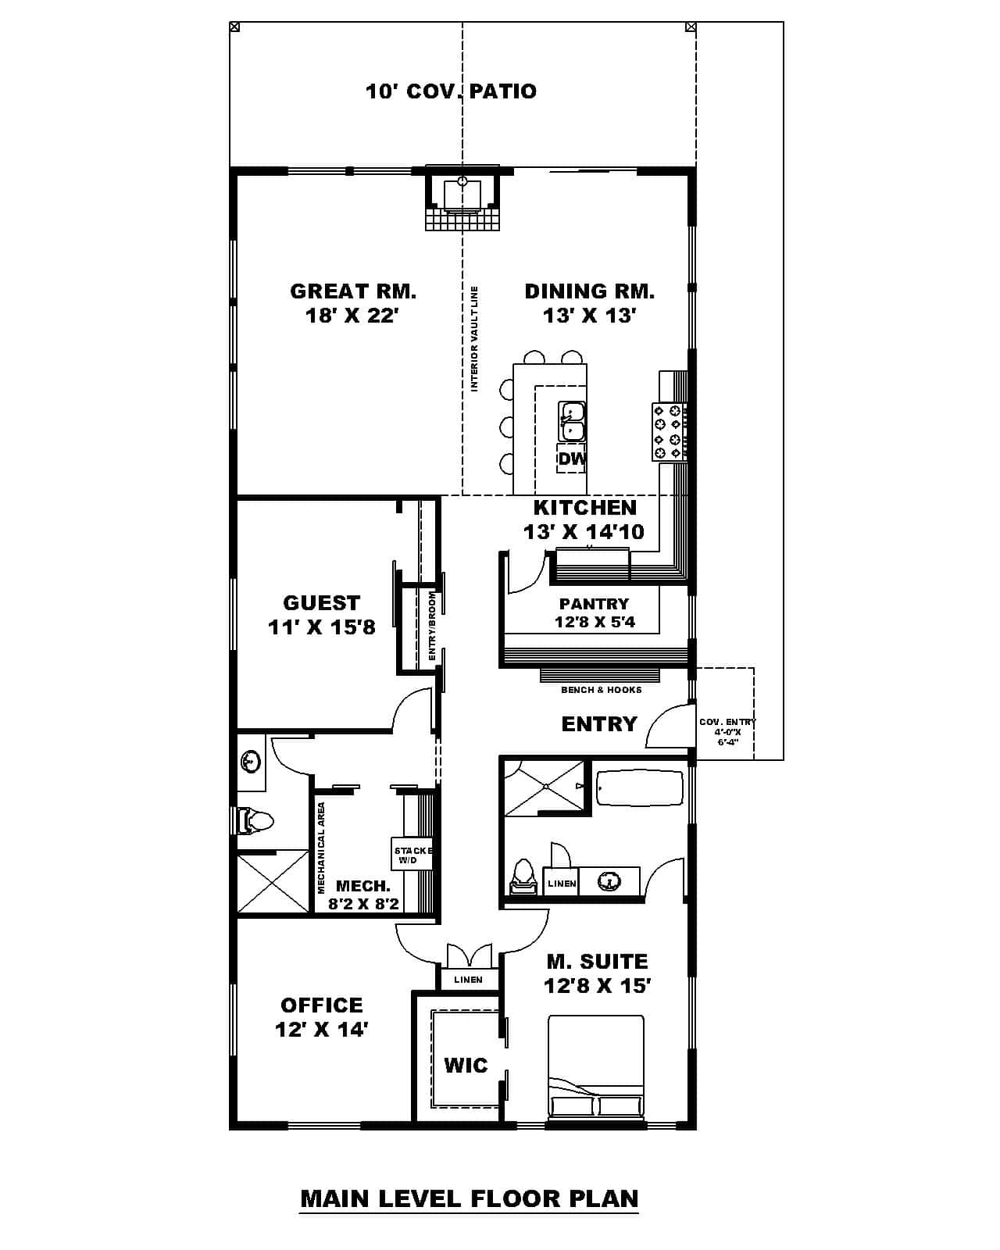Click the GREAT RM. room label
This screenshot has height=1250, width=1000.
click(353, 291)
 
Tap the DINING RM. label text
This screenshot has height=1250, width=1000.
click(589, 291)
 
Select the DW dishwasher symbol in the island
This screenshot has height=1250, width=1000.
click(572, 459)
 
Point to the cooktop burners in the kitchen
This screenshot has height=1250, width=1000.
click(670, 432)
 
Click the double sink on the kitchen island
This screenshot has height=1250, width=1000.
click(572, 421)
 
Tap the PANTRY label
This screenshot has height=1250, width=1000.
click(594, 604)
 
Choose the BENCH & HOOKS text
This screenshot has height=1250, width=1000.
click(602, 690)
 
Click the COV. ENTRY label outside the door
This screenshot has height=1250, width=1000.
click(727, 723)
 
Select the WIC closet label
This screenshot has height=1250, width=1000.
click(466, 1065)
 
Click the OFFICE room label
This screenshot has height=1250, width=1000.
click(322, 1005)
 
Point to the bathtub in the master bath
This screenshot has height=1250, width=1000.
click(639, 788)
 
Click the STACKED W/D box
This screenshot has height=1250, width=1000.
click(411, 855)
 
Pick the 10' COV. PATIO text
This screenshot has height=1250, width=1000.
click(451, 91)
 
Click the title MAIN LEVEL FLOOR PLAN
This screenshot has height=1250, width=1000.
click(470, 1198)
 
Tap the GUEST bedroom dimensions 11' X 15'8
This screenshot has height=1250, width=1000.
click(322, 627)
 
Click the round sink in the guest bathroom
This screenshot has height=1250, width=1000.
click(250, 760)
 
